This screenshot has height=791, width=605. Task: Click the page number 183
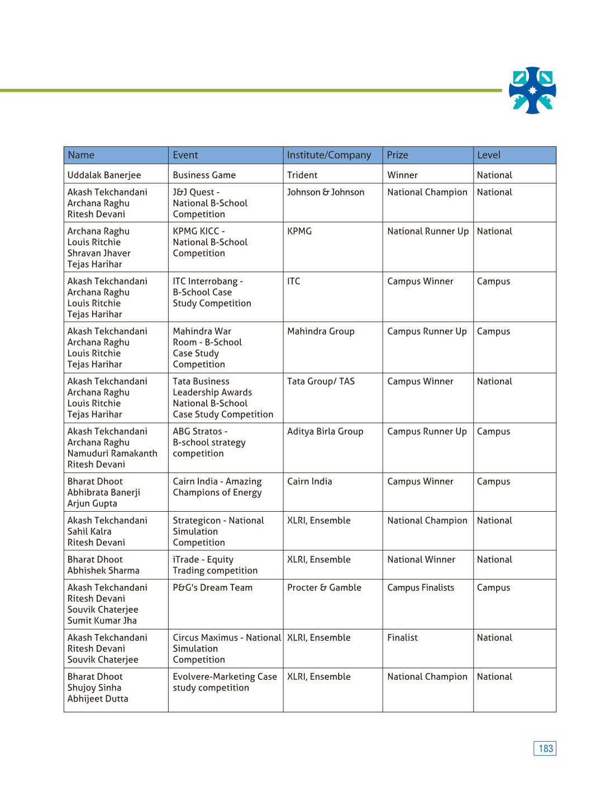[545, 749]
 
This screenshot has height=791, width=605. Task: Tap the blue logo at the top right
[532, 90]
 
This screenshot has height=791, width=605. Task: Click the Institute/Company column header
[328, 155]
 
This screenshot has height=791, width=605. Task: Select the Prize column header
[398, 155]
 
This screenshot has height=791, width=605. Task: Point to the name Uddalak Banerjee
[104, 175]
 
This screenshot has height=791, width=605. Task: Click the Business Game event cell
[204, 175]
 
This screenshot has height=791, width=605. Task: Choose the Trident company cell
[302, 175]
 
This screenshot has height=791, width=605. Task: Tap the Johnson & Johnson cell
[326, 192]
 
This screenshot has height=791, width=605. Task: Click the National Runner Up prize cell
[428, 231]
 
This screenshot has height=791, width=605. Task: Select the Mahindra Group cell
[321, 331]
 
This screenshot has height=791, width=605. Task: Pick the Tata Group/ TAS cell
[321, 382]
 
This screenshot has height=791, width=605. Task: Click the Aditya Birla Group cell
[325, 431]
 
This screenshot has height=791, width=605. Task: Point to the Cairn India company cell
[309, 482]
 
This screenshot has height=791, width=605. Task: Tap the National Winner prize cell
[421, 560]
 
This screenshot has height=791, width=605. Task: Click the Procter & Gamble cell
[324, 588]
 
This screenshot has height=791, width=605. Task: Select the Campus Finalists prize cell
[421, 588]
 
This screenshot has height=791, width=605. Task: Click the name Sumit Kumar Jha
[102, 621]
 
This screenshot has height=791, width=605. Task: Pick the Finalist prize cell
[402, 638]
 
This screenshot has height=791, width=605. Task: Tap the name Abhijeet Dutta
[98, 699]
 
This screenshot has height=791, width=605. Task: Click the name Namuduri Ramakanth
[112, 454]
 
